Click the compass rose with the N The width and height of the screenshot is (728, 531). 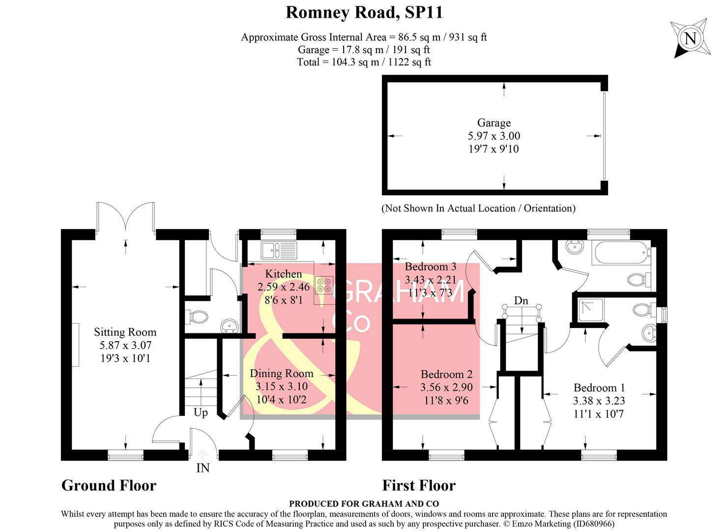pos(690,38)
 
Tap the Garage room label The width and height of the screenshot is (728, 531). pos(494,123)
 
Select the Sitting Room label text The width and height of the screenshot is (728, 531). pos(125,332)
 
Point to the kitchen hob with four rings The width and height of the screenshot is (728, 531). pos(323,285)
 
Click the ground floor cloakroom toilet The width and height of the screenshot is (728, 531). pos(197,316)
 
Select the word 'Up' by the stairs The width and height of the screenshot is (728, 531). pos(201,413)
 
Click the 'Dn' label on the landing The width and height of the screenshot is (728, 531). pos(521,300)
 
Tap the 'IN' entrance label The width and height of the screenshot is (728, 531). pos(203,468)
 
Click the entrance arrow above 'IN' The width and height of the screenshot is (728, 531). pos(203,454)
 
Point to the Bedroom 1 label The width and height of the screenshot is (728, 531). pos(599,387)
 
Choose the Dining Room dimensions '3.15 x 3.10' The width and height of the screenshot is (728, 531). pos(281,386)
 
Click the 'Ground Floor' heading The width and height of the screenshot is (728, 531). pos(109,486)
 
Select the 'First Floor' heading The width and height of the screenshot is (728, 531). pos(419,486)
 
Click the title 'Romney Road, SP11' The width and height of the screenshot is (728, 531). pos(364,13)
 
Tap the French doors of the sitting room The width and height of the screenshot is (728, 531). pos(126,216)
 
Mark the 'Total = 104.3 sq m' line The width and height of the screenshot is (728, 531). pos(364,62)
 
